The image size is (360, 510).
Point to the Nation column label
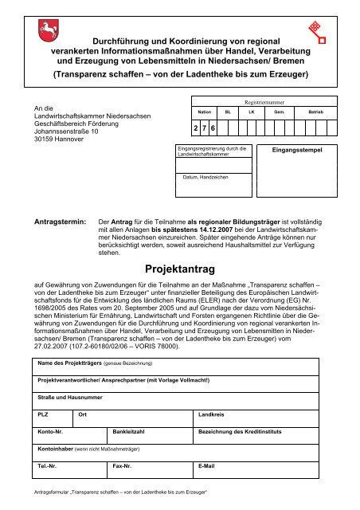(205, 114)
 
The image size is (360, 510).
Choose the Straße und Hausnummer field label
(68, 396)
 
